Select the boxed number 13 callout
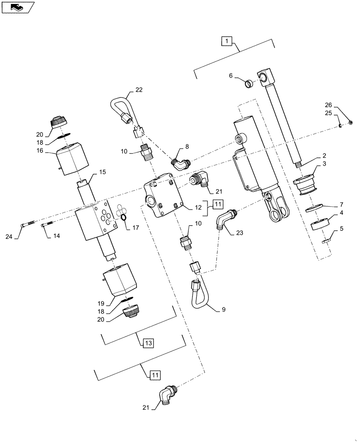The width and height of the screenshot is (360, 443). click(x=148, y=343)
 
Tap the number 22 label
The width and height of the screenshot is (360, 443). click(x=139, y=90)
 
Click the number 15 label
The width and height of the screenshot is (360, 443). click(x=102, y=171)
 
